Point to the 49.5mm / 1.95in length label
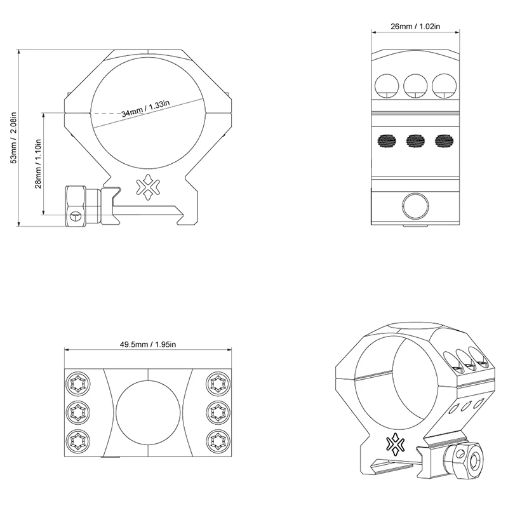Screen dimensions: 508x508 (147, 344)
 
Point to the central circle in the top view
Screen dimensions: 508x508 (147, 411)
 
